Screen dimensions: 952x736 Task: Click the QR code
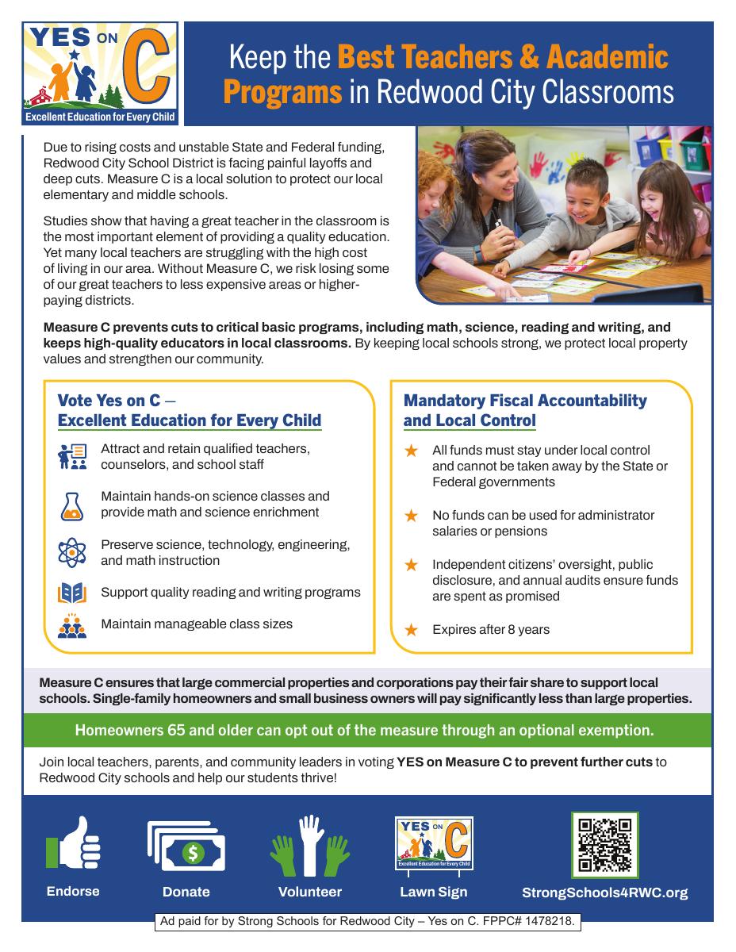click(x=605, y=844)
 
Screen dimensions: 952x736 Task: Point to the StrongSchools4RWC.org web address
click(x=604, y=892)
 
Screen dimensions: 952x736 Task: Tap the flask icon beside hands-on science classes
click(x=72, y=505)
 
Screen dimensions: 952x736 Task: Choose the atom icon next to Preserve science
click(x=72, y=552)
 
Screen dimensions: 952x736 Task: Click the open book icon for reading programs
click(x=72, y=593)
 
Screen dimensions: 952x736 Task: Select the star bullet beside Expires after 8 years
click(x=411, y=630)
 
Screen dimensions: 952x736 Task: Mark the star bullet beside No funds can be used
click(x=411, y=516)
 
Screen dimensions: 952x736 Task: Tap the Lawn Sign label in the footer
click(x=433, y=892)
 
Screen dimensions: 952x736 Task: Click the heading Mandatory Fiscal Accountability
click(x=525, y=401)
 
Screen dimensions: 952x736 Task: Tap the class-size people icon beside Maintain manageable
click(x=72, y=625)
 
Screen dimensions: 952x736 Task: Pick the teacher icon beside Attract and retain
click(x=72, y=457)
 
